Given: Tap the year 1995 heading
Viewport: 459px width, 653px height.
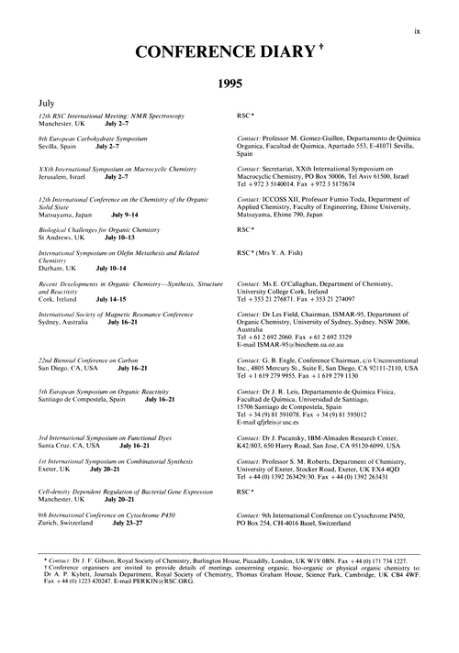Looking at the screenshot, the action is coord(229,83).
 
